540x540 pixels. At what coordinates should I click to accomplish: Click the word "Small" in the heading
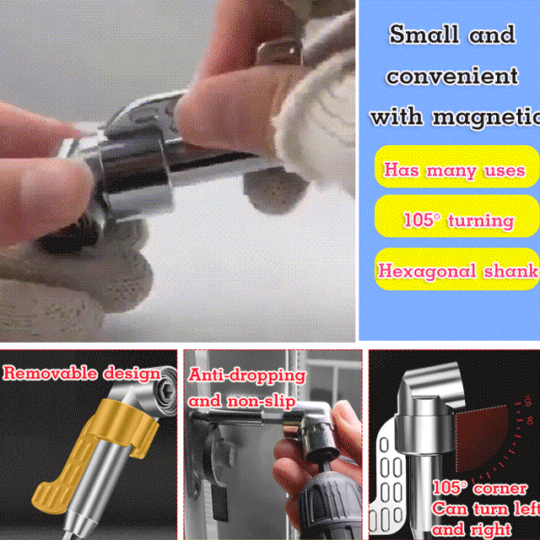click(x=424, y=35)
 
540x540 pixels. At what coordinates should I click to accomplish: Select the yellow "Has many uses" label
click(x=456, y=167)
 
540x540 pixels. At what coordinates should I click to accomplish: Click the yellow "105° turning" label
click(x=456, y=216)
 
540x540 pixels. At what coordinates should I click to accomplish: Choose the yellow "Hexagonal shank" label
click(x=456, y=269)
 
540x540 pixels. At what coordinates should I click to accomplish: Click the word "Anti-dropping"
click(x=247, y=375)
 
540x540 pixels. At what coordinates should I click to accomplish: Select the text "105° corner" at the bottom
click(x=480, y=489)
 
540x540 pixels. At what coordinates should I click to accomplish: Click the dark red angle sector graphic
click(x=482, y=437)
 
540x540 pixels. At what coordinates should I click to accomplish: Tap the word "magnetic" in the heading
click(x=486, y=118)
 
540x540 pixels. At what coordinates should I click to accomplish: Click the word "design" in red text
click(x=132, y=374)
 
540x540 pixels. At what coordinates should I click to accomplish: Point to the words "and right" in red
click(x=472, y=529)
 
